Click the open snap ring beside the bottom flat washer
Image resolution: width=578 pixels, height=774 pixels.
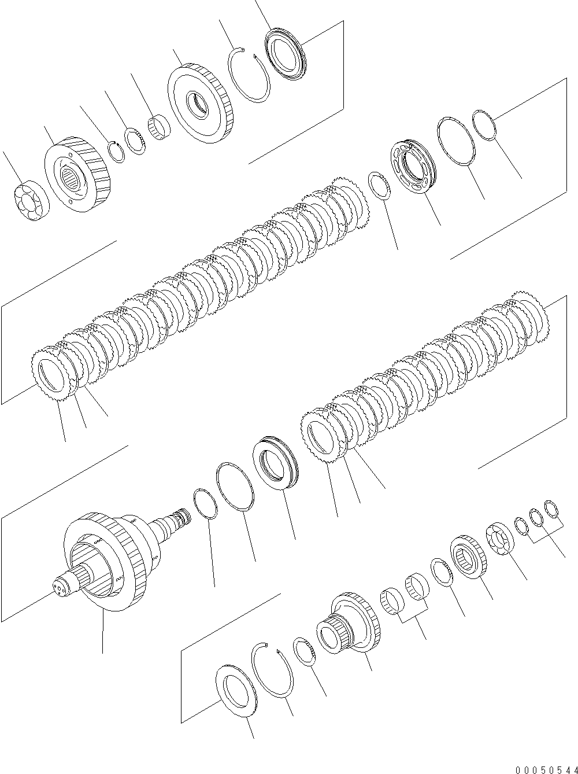point(273,672)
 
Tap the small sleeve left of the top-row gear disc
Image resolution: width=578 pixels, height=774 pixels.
point(159,127)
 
